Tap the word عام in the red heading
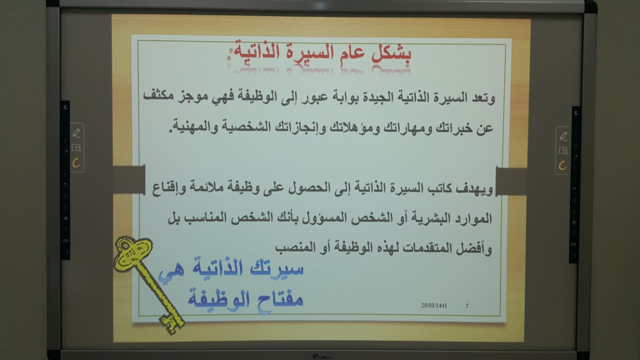(353, 53)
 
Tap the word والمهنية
(194, 126)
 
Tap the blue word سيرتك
(276, 268)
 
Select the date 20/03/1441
(434, 305)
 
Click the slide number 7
(467, 305)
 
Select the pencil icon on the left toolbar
(76, 133)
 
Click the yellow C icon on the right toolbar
(562, 165)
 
